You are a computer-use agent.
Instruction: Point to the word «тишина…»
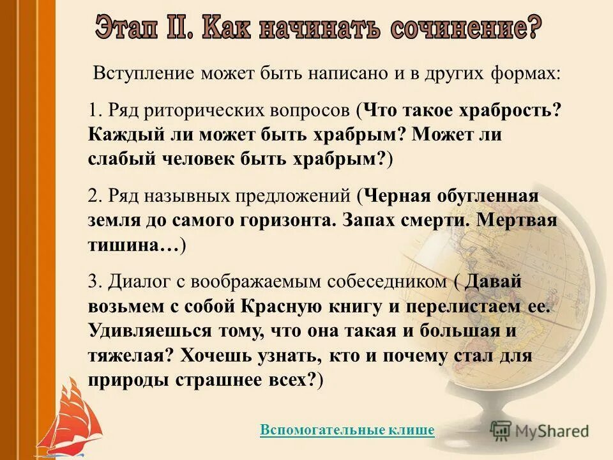coord(135,245)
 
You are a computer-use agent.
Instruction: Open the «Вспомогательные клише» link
coord(347,431)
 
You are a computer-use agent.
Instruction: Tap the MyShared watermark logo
coord(540,431)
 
